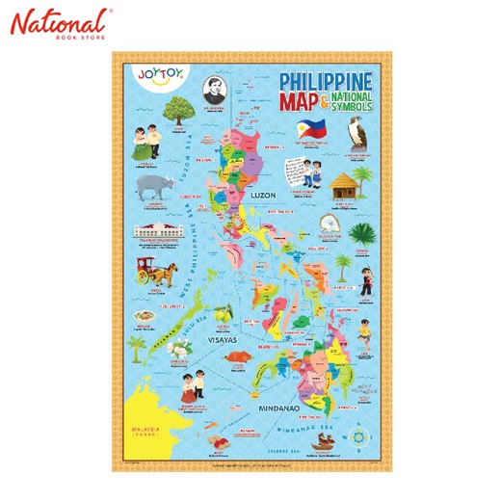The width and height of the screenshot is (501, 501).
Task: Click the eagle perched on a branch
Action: coord(365,124)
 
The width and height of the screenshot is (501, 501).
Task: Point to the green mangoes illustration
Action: coord(227,311)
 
